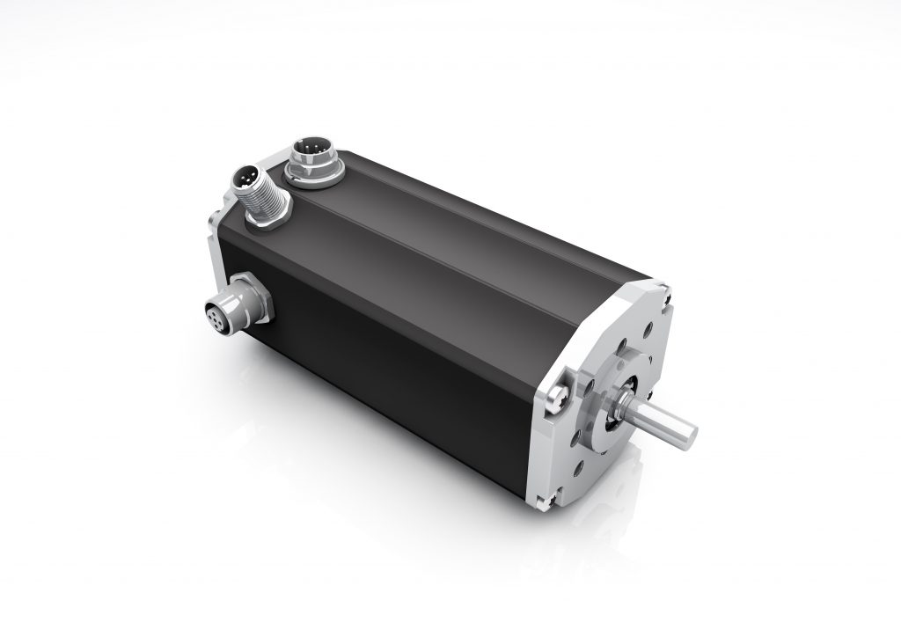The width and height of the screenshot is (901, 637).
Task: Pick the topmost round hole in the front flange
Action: pos(647,331)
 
